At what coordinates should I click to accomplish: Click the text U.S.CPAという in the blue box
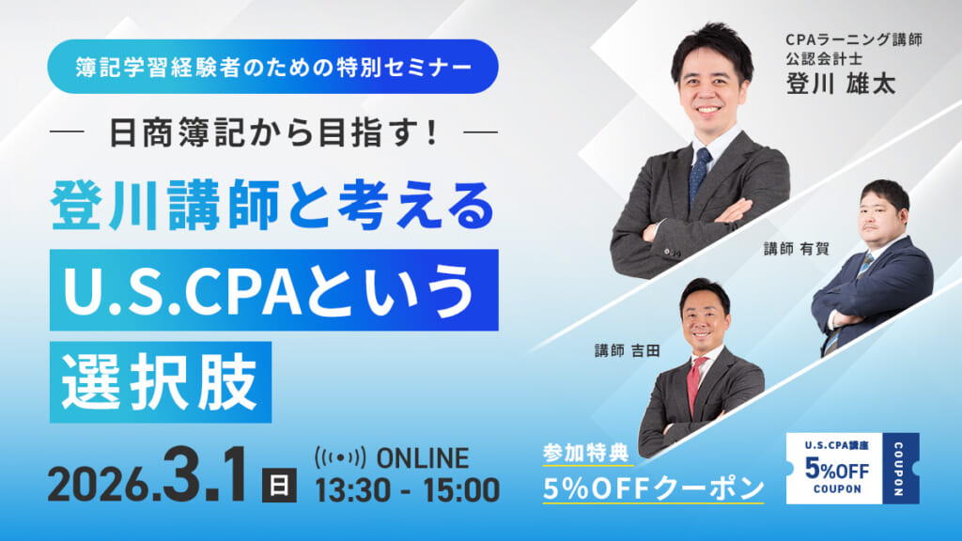pos(272,290)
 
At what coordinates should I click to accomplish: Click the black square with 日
pos(278,486)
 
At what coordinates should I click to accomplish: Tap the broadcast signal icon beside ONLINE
pos(340,459)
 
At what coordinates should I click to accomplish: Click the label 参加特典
pos(575,452)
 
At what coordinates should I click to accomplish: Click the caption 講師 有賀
pos(787,249)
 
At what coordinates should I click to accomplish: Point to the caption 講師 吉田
pos(628,349)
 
